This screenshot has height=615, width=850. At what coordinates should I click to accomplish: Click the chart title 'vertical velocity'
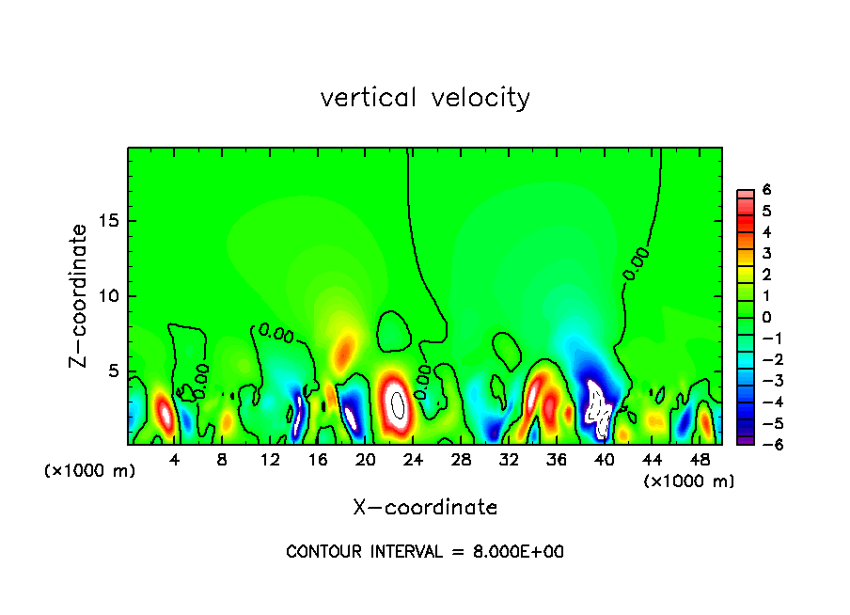coord(425,98)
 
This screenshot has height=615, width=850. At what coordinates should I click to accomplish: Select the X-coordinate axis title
coord(425,508)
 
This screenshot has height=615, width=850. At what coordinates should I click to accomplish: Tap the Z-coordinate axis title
coord(80,295)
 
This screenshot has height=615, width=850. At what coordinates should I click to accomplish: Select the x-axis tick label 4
coord(175,460)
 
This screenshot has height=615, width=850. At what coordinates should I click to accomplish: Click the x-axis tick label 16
coord(318,460)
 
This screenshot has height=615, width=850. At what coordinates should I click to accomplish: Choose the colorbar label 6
coord(767,190)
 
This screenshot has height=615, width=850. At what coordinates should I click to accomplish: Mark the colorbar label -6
coord(763,444)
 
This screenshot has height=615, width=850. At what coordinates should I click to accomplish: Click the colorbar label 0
coord(767,317)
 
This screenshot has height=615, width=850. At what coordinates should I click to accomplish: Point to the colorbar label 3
coord(767,253)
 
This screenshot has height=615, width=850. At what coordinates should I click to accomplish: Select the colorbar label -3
coord(763,381)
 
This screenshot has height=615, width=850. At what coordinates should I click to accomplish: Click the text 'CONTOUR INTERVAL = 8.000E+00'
coord(425,552)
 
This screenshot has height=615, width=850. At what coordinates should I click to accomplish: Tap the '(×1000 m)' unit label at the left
coord(90,471)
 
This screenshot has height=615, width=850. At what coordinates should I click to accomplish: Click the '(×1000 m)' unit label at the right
coord(689,481)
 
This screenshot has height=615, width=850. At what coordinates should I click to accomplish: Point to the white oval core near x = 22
coord(398,405)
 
